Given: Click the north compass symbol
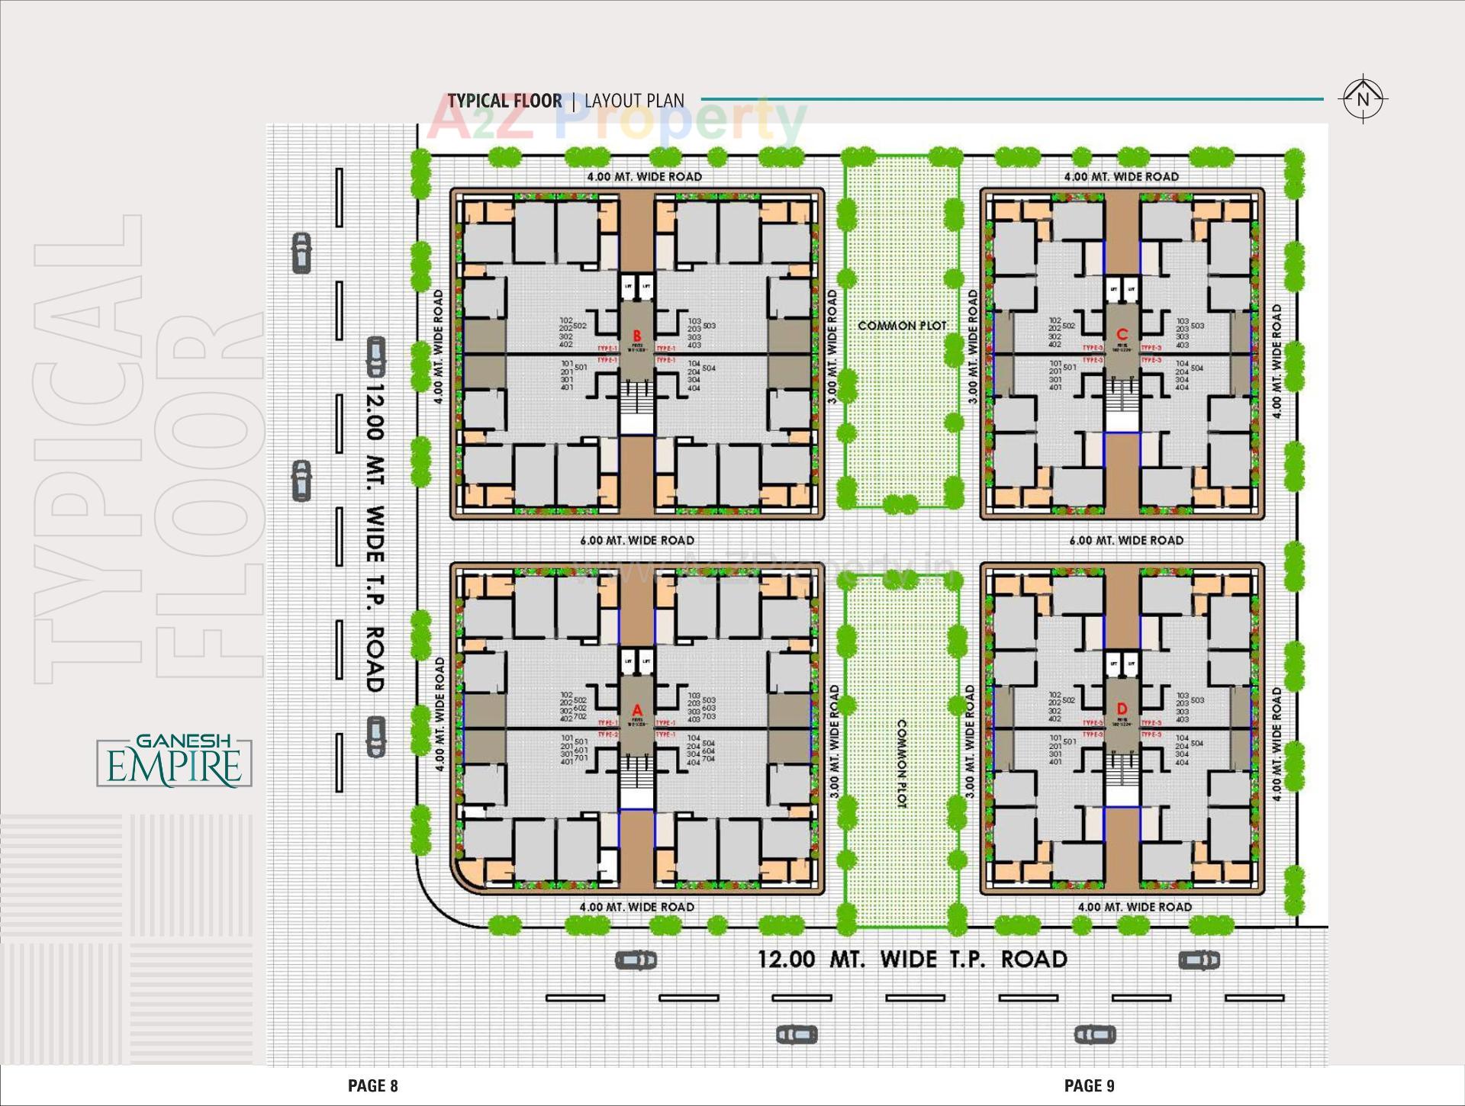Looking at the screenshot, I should [1363, 99].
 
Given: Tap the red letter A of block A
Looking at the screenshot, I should [637, 711].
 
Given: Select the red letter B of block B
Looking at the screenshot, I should [637, 336].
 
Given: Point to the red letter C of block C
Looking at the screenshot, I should [1122, 334].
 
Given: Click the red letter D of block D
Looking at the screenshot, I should [1122, 709].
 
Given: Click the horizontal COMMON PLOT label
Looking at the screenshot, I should [902, 326].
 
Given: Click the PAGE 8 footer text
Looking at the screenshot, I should [373, 1085].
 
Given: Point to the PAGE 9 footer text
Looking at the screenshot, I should [1090, 1085].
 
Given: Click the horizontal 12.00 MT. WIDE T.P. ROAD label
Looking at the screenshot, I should [912, 959].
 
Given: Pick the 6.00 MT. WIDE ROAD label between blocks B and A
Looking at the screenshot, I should [637, 540].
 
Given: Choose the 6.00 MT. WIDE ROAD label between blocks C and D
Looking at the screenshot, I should [1126, 540].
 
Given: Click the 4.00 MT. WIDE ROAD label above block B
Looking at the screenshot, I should [644, 176].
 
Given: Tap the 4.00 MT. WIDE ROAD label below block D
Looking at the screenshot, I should [1135, 907].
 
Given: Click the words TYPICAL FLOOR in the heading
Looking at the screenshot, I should [504, 101].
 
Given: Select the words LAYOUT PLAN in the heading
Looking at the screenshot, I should [634, 101].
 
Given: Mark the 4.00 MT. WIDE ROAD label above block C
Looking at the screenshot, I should [1122, 176].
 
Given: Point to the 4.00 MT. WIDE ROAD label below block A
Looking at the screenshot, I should [637, 907].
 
